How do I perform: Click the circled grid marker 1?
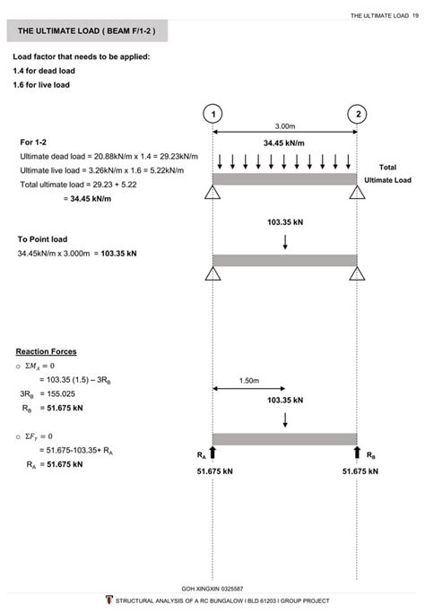pos(212,114)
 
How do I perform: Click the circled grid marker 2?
pos(358,114)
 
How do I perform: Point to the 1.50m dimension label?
pos(249,380)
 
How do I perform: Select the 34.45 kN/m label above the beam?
pos(285,142)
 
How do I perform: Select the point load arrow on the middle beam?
pos(285,241)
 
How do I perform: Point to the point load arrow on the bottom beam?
pos(285,419)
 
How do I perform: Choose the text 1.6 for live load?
pos(40,84)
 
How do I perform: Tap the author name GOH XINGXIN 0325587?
pos(212,588)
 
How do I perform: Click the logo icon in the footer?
pos(108,600)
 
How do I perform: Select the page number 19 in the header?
pos(416,14)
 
